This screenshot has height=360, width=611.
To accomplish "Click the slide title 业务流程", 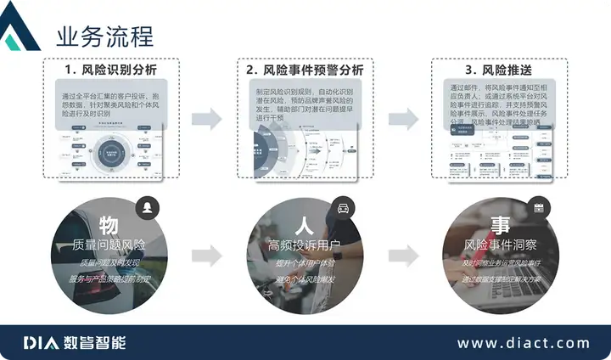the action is click(104, 37).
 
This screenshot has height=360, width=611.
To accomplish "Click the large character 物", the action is click(108, 226).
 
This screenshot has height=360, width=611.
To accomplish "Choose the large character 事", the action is click(500, 226).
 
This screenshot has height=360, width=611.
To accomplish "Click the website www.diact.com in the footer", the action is click(523, 343).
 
